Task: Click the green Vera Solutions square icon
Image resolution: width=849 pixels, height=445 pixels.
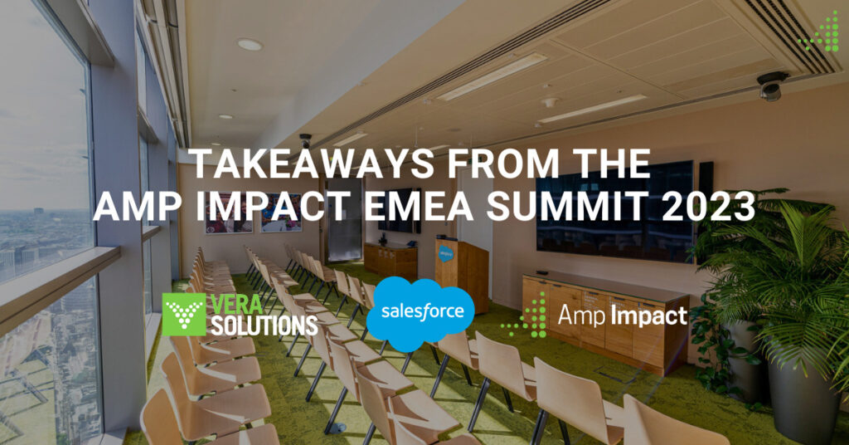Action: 184,315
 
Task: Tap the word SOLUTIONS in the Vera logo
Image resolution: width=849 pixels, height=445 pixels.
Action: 264,325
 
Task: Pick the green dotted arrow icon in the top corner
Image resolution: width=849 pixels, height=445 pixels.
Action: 821,33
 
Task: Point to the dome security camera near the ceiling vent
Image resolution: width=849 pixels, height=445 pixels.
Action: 771,86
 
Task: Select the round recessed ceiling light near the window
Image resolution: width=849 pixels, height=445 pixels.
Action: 250,45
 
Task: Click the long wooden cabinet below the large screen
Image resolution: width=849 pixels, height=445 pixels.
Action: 604,320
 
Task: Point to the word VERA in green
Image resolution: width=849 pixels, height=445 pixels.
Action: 236,304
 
